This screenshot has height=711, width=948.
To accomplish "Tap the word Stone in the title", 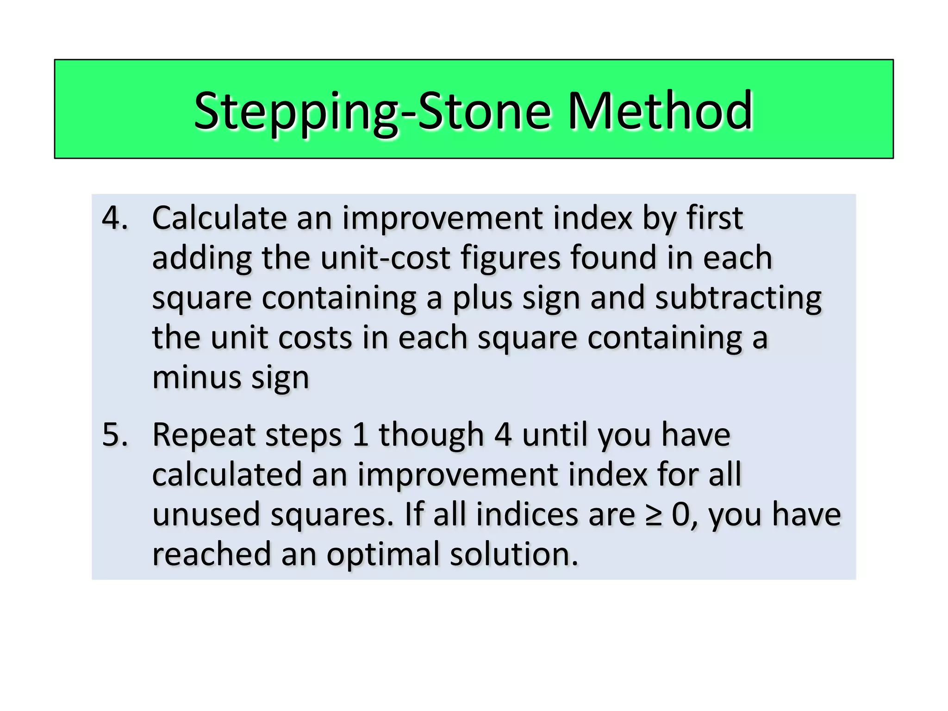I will [484, 111].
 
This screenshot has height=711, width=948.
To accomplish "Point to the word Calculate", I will [219, 218].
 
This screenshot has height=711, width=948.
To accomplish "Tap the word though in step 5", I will [431, 435].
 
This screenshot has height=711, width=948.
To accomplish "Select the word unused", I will [206, 514].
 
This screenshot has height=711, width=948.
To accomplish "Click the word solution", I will [514, 554].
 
